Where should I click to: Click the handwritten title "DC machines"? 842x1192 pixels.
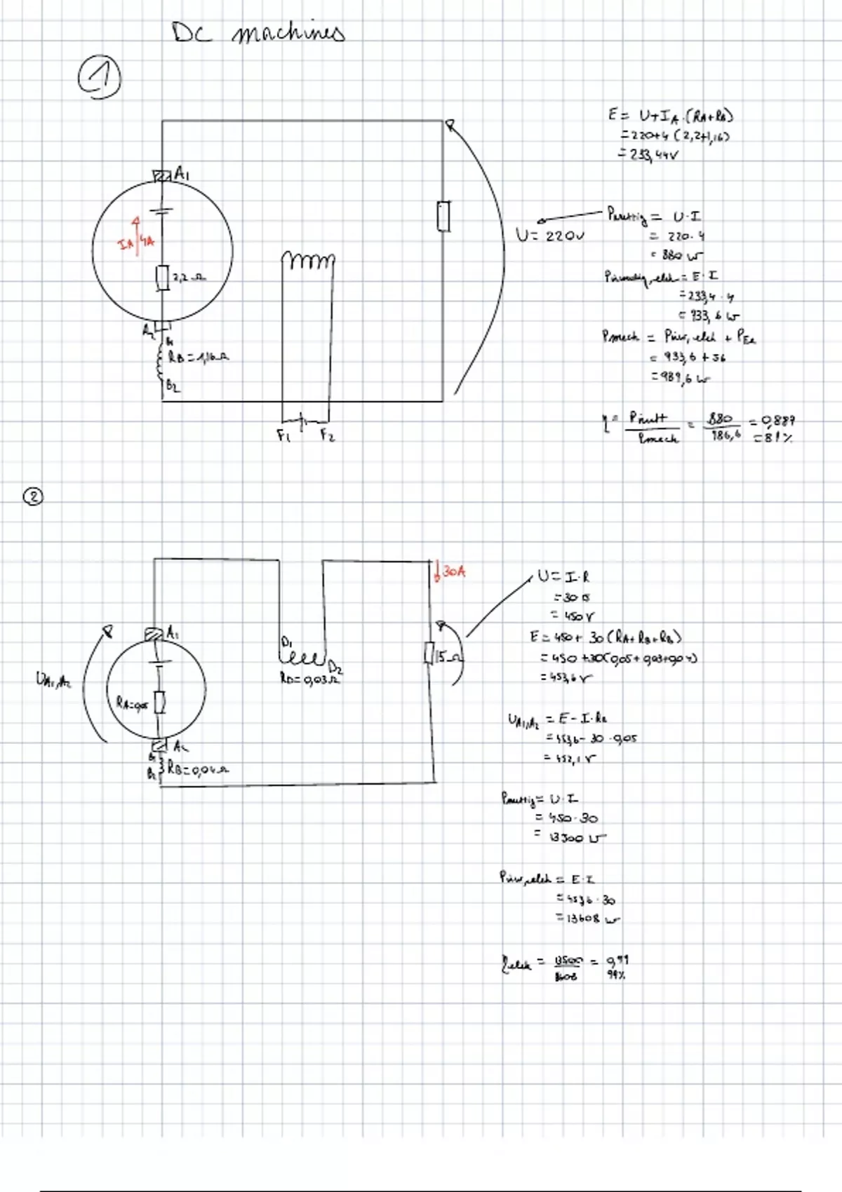(258, 32)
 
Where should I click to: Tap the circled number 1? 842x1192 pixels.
(99, 79)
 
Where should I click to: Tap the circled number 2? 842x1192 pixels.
(33, 497)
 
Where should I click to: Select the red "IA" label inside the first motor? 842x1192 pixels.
(125, 244)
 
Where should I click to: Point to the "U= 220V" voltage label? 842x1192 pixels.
(550, 236)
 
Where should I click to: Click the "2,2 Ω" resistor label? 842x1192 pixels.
(189, 278)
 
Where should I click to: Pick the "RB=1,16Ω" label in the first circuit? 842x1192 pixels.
(198, 358)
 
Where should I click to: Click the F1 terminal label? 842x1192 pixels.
(283, 436)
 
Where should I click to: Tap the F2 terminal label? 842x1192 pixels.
(328, 436)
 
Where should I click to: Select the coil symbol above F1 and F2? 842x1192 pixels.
(309, 261)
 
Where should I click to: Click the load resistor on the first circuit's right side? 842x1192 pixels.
(443, 216)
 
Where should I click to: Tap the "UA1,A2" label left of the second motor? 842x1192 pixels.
(53, 679)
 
